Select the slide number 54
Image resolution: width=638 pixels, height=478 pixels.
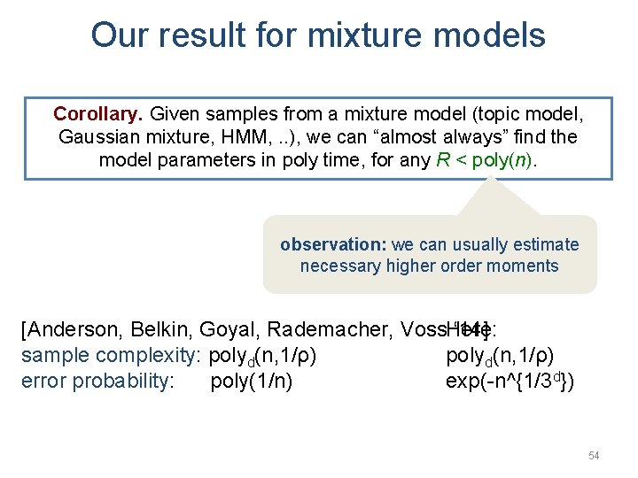point(594,455)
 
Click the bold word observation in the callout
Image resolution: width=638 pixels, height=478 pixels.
point(333,244)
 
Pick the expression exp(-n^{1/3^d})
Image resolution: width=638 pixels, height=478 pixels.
point(510,382)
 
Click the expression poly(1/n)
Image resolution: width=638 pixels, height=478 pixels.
point(252,382)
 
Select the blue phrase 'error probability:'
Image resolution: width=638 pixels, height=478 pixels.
point(97,382)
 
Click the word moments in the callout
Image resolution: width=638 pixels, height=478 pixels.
point(529,266)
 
